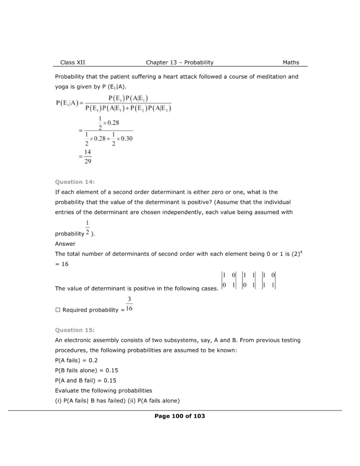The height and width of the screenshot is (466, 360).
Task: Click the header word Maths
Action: coord(291,62)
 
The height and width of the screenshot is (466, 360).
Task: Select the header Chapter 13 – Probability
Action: coord(180,62)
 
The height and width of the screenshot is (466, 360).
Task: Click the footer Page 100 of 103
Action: coord(180,416)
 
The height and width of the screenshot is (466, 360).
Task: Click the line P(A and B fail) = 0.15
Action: coord(86,380)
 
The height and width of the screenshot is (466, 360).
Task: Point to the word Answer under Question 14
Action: coord(65,243)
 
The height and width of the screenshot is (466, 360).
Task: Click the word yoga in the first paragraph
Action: coord(61,86)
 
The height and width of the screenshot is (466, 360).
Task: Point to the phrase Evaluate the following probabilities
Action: coord(103,390)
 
